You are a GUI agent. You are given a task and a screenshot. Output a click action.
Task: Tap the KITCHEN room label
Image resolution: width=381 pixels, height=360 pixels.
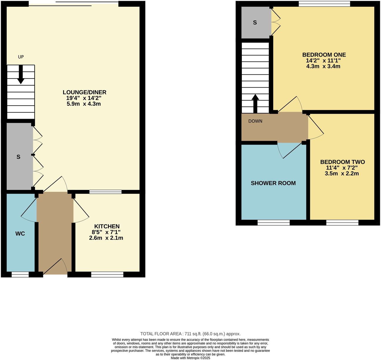click(x=107, y=226)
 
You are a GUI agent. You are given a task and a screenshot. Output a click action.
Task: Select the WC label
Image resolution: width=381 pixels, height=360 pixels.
click(x=20, y=234)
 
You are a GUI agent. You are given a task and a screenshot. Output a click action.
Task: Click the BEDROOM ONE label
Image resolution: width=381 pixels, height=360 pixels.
click(x=324, y=55)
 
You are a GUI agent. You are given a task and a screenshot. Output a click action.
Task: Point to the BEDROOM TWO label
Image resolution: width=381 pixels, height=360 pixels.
click(x=342, y=162)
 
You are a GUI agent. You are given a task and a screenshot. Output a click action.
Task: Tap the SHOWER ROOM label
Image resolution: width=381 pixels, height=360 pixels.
click(x=273, y=183)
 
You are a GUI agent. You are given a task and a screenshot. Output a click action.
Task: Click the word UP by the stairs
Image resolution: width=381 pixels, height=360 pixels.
click(x=21, y=57)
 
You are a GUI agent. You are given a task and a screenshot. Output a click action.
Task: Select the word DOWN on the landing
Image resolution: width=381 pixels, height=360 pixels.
click(x=255, y=121)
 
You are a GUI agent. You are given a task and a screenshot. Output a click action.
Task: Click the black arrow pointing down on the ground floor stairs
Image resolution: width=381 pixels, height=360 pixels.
click(x=21, y=74)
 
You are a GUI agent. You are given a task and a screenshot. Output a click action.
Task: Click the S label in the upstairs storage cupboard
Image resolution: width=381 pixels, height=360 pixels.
click(x=255, y=23)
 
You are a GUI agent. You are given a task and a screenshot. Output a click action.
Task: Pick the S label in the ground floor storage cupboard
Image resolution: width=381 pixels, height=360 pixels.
click(x=18, y=157)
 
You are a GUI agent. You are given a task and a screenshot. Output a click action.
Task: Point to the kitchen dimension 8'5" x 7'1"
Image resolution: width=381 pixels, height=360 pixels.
click(x=106, y=232)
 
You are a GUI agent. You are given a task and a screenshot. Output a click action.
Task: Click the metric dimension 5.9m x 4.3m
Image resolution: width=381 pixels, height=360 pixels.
click(x=84, y=104)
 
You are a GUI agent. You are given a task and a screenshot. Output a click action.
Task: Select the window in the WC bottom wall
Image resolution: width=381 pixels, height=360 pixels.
click(x=20, y=274)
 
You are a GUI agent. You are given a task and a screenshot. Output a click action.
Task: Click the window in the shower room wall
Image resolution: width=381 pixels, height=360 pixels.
click(x=274, y=223)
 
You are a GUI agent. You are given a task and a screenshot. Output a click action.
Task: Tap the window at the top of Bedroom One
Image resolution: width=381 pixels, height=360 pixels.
click(x=324, y=4)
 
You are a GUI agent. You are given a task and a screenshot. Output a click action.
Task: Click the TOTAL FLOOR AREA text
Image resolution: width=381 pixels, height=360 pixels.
click(x=190, y=334)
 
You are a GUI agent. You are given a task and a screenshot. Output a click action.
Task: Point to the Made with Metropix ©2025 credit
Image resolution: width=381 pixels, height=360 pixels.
click(x=190, y=358)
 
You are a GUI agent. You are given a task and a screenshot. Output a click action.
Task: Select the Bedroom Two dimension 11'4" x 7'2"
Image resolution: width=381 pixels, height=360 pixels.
click(x=342, y=168)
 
